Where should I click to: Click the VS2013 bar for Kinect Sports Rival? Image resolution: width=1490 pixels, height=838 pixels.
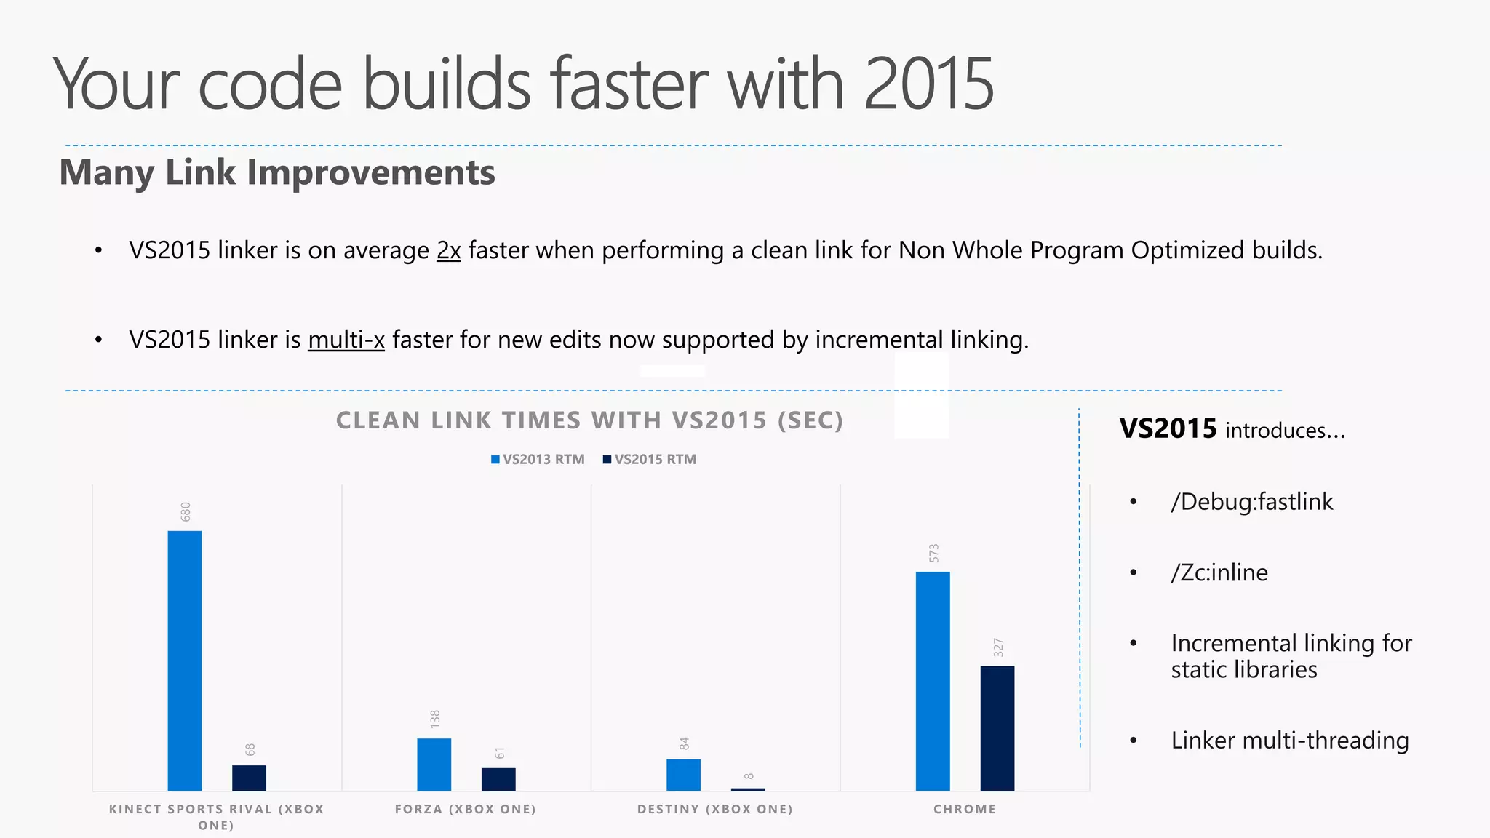click(x=185, y=661)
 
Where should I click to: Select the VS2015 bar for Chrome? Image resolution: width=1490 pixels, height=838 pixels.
click(x=997, y=728)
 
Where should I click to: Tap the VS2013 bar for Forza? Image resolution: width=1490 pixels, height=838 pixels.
click(x=434, y=765)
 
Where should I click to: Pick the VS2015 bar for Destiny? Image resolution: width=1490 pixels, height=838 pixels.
click(x=748, y=789)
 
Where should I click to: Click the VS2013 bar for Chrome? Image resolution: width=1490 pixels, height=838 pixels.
click(x=933, y=681)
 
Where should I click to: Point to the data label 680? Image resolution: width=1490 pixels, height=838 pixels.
click(x=186, y=511)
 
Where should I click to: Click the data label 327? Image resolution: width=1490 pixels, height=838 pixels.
click(x=998, y=647)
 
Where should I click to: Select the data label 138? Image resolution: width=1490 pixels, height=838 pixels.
click(x=435, y=719)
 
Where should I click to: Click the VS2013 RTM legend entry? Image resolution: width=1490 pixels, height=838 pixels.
click(x=538, y=460)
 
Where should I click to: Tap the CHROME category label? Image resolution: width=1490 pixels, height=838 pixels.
click(x=965, y=809)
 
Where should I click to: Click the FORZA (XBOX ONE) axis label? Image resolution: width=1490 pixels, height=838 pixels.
click(x=466, y=809)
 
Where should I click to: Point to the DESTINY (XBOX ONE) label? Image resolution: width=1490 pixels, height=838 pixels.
click(x=715, y=809)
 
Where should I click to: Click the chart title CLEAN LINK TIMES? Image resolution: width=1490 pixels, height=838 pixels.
click(x=589, y=420)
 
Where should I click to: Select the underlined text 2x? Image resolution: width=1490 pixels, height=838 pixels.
click(x=449, y=250)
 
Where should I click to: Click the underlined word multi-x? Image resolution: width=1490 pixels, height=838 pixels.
click(x=346, y=340)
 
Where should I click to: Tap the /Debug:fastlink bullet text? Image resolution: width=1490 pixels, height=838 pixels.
click(x=1251, y=502)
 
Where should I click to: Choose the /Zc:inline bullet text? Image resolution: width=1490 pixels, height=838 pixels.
click(x=1219, y=572)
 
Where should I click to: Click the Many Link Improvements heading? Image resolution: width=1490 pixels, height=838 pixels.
click(x=277, y=173)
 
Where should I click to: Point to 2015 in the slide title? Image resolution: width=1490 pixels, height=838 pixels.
click(x=929, y=84)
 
